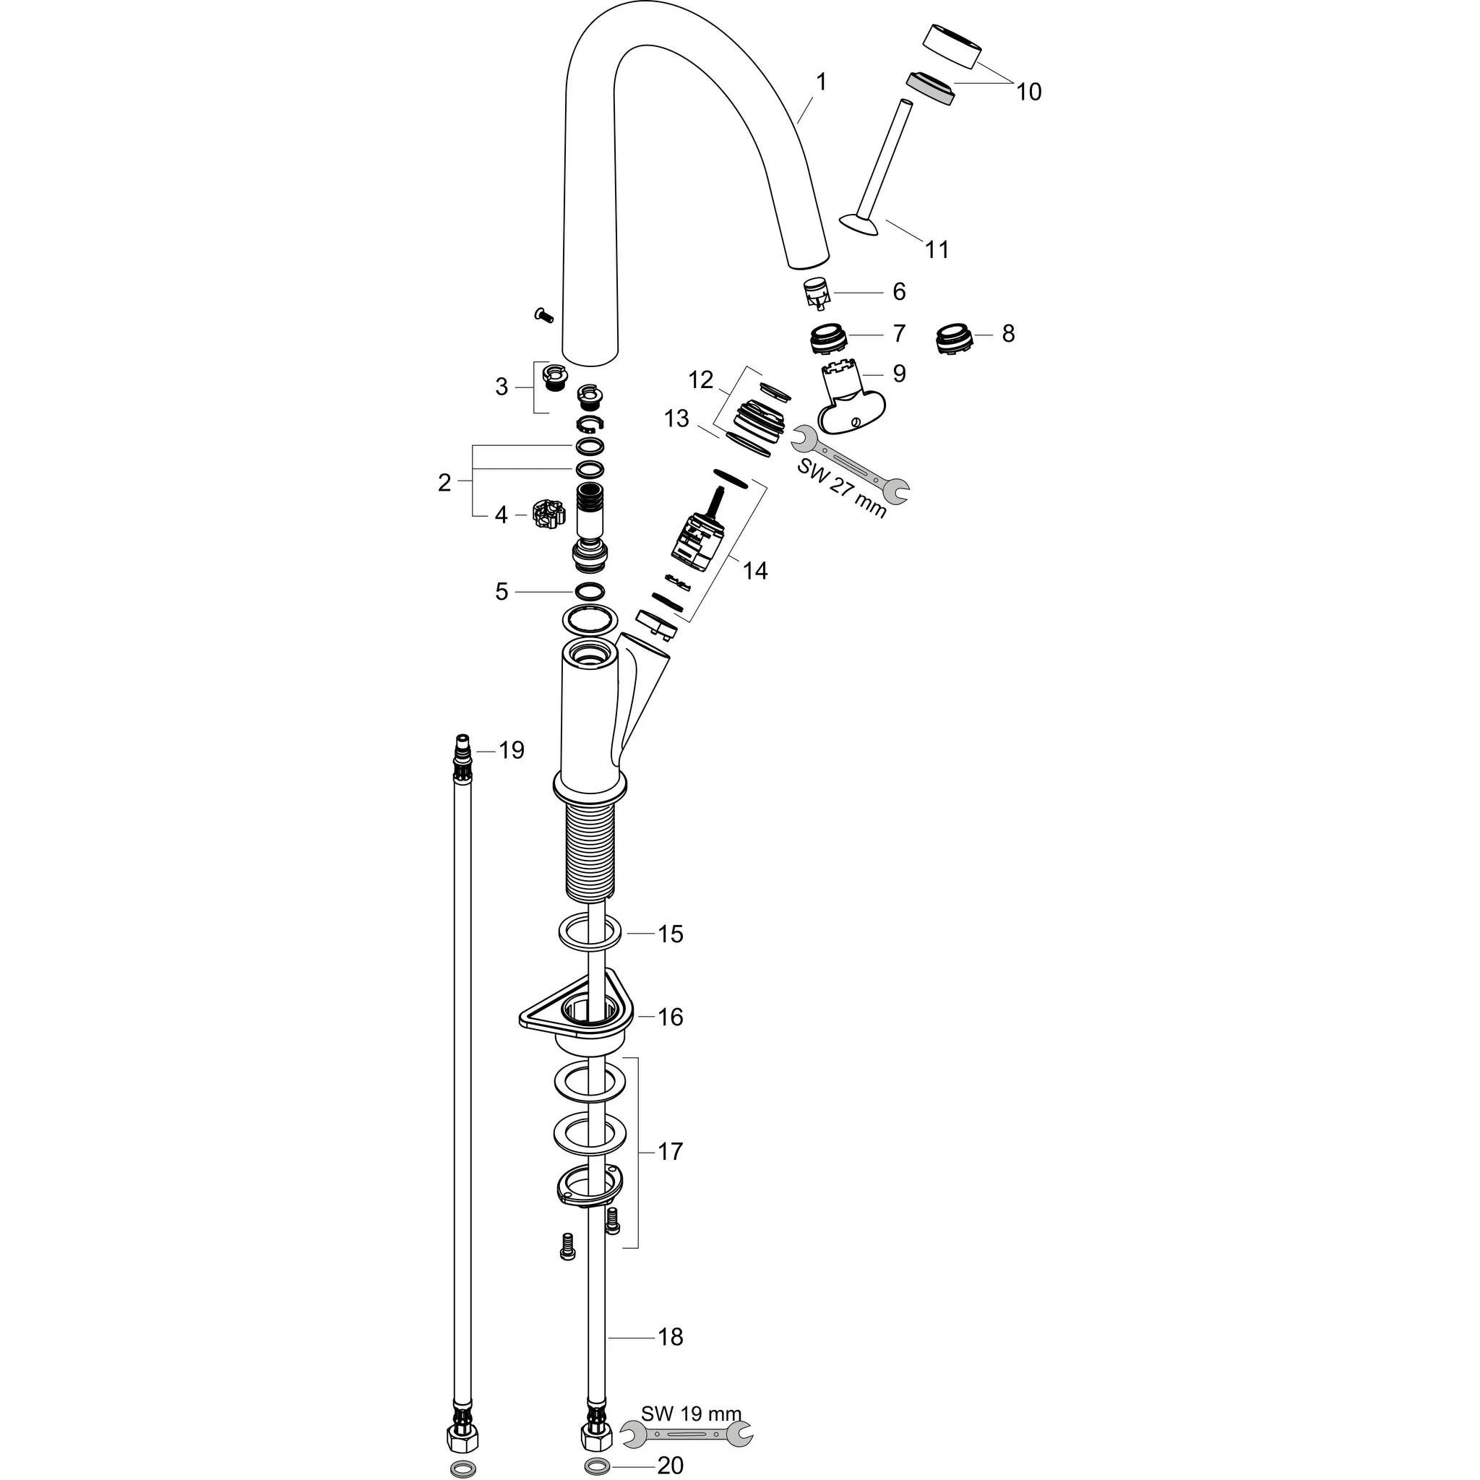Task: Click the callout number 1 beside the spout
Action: tap(821, 82)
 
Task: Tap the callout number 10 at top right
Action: tap(1028, 92)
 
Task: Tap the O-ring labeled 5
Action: tap(589, 591)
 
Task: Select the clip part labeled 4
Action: tap(548, 514)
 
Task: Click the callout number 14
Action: tap(754, 571)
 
